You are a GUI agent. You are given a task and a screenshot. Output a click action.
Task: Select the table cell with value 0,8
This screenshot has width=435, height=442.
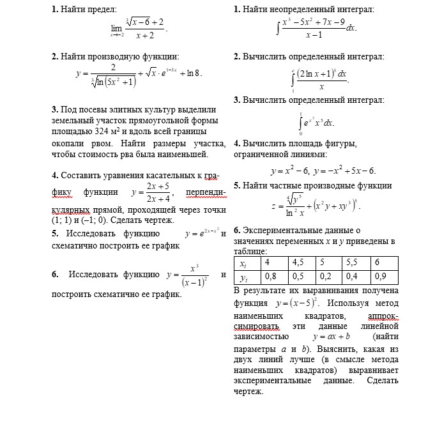click(271, 277)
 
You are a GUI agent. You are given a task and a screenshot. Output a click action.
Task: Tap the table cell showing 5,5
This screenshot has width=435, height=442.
click(352, 263)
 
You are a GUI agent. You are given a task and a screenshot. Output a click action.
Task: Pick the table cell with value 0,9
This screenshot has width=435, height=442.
click(382, 277)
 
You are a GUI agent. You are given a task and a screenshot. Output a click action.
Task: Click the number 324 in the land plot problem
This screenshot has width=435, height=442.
click(103, 131)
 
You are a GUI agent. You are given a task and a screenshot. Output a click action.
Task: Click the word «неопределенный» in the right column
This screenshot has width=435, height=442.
click(300, 10)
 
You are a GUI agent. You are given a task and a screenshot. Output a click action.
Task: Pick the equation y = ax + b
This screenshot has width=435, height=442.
click(331, 336)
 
